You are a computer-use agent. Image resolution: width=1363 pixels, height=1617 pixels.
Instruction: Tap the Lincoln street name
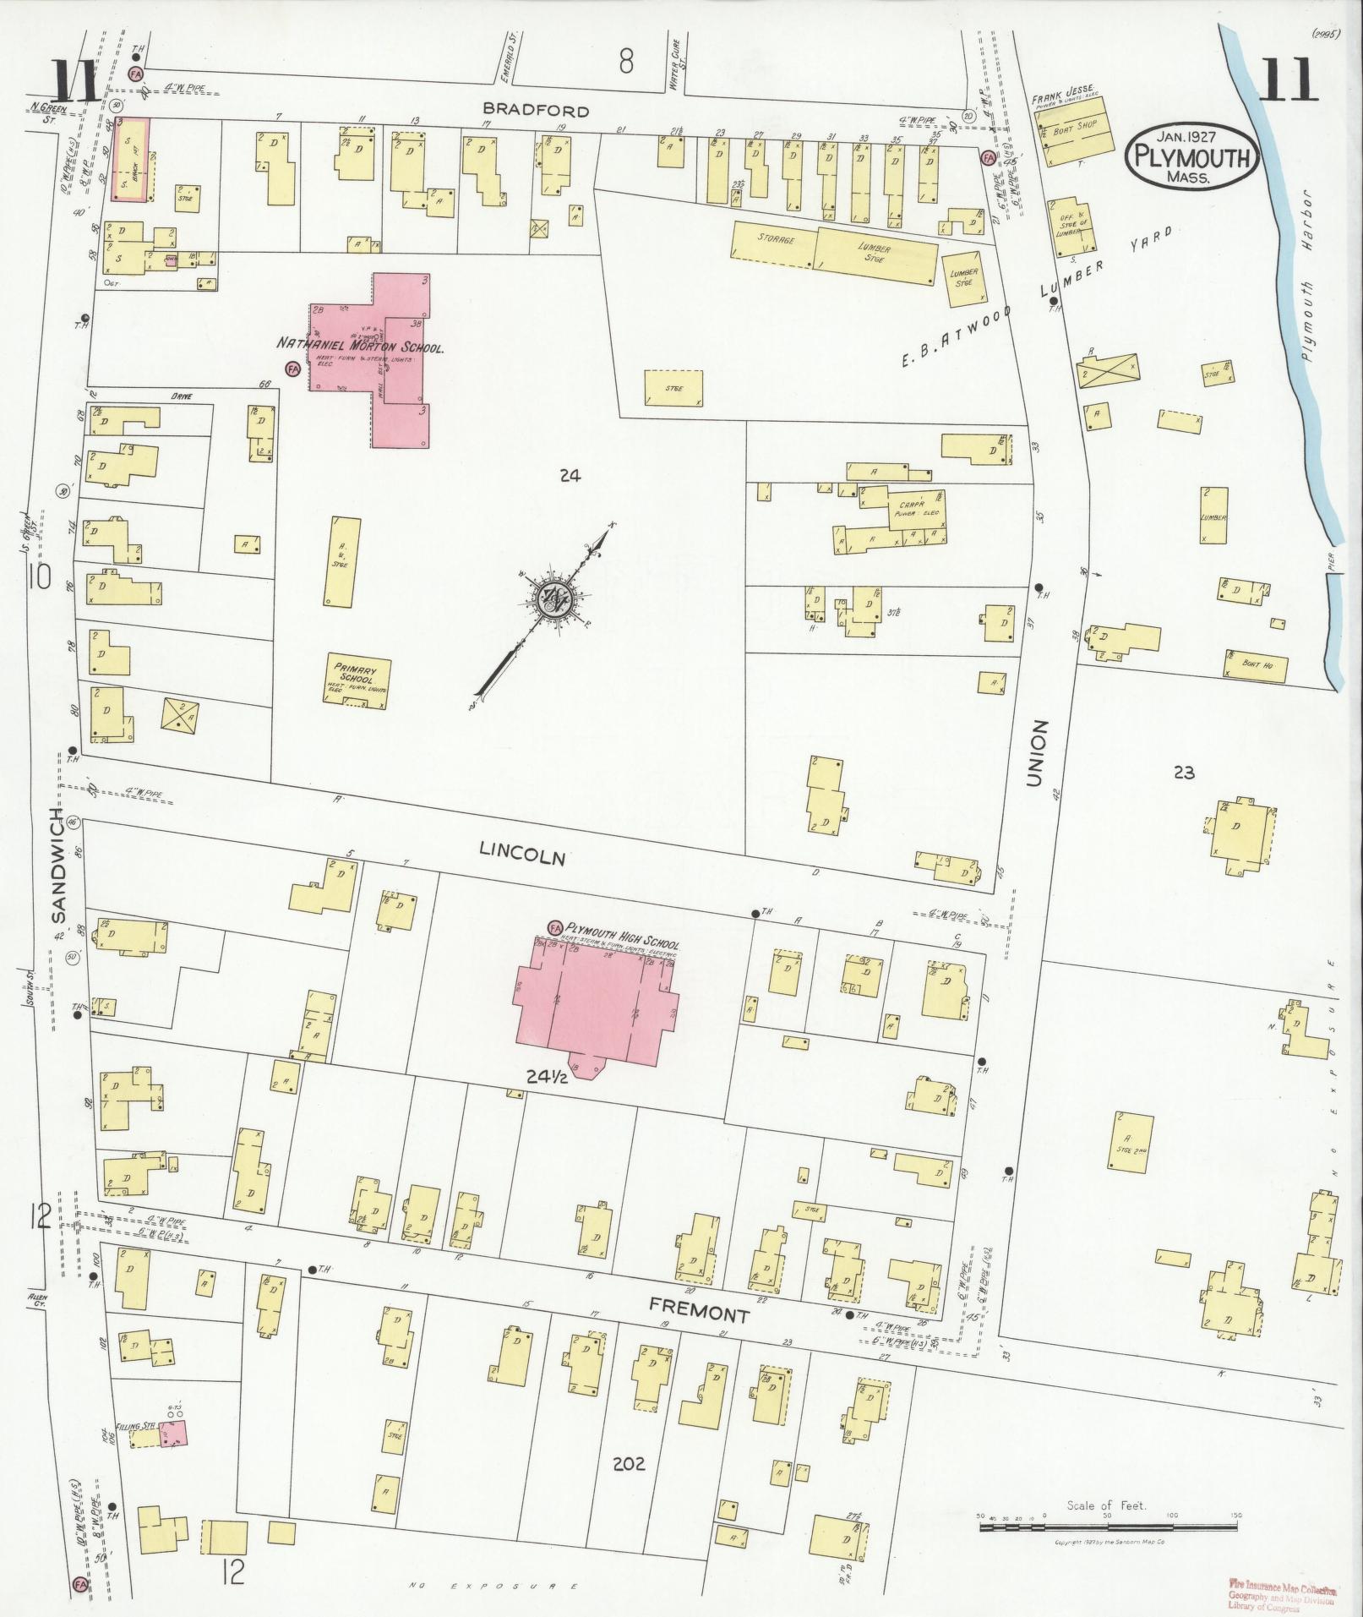click(521, 852)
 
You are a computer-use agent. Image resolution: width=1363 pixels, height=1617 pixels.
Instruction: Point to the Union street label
click(1038, 755)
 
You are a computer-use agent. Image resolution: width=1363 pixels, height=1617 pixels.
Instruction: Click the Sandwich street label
click(57, 864)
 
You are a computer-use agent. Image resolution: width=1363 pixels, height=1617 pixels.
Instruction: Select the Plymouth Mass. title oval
click(1191, 156)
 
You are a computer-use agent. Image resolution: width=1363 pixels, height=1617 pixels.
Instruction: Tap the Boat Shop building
click(1075, 134)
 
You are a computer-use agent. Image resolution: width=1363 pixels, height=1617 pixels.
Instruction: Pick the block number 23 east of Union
click(1184, 771)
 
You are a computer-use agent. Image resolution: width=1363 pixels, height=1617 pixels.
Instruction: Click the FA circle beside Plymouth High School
click(555, 928)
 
